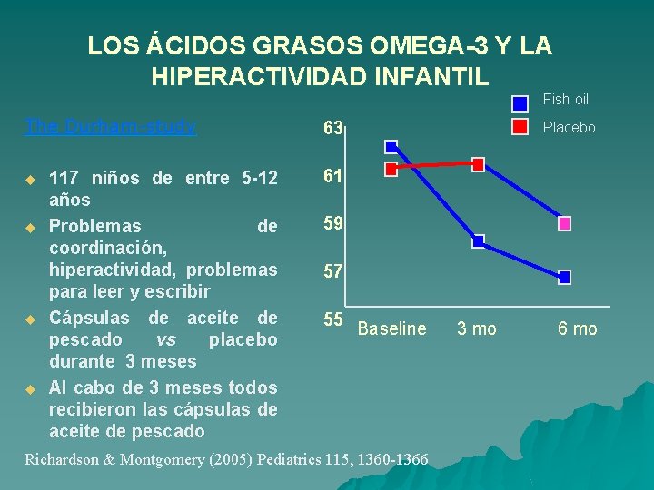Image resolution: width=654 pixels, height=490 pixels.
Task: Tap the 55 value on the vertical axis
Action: (x=333, y=319)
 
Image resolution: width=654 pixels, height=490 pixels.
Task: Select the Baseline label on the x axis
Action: (x=391, y=329)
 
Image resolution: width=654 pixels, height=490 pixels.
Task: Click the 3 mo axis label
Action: (x=476, y=329)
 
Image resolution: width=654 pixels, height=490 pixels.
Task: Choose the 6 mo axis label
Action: (x=578, y=329)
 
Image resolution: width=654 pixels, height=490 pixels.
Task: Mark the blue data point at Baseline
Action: (x=391, y=146)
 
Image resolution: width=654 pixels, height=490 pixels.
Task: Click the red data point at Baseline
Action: (x=391, y=169)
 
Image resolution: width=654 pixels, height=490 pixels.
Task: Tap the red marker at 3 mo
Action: (x=478, y=164)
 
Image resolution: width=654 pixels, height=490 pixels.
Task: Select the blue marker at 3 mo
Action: (x=478, y=241)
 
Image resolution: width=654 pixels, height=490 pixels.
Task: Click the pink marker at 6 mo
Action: (x=564, y=223)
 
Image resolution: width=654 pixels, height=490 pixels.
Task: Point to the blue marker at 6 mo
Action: (x=564, y=277)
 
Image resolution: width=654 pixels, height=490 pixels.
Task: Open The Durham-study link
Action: (x=111, y=127)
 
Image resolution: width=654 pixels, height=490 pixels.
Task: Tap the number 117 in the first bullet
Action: (x=63, y=178)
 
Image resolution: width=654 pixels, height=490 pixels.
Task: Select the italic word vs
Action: (x=166, y=339)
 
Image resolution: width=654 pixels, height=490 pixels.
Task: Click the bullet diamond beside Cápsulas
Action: (x=29, y=319)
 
